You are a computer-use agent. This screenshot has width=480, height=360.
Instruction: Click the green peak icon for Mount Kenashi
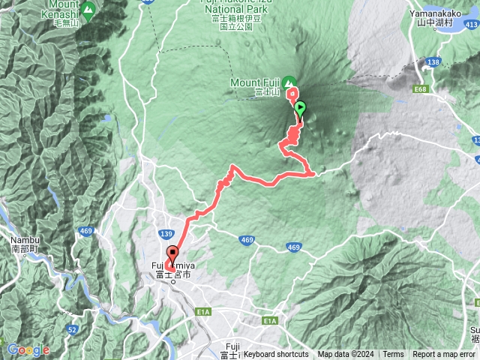[88, 10]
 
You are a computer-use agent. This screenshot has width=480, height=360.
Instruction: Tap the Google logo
[28, 349]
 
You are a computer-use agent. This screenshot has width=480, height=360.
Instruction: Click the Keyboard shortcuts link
[275, 355]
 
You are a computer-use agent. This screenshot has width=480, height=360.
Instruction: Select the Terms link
[392, 355]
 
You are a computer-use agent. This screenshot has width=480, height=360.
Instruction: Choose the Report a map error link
[443, 355]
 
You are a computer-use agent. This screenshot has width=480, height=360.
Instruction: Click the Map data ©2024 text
[345, 355]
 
